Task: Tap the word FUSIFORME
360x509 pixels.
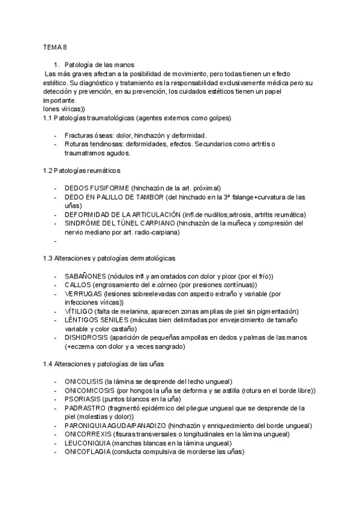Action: pos(110,188)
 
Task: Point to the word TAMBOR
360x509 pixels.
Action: pos(146,197)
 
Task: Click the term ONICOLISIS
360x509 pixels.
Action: pos(83,382)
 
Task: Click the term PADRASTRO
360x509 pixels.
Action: pos(85,408)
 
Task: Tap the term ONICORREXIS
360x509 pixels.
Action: pos(87,434)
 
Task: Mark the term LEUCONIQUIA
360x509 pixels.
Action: pos(87,443)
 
